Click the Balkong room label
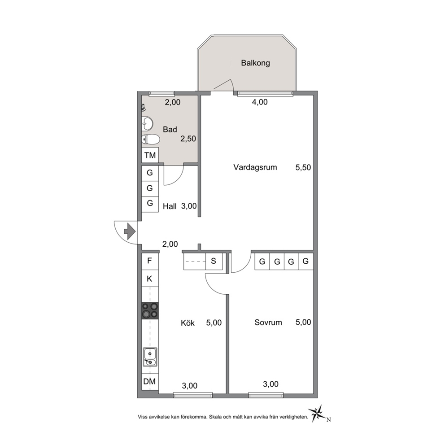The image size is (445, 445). [255, 63]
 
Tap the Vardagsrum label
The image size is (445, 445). [255, 167]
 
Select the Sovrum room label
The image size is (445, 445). [268, 323]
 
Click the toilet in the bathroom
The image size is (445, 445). [151, 140]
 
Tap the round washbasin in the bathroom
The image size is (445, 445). [147, 124]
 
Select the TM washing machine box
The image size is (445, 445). [150, 155]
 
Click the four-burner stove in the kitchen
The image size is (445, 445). [150, 311]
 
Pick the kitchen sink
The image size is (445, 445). [150, 357]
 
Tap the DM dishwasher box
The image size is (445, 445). [150, 382]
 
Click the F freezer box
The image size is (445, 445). [150, 261]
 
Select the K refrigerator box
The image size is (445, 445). [150, 279]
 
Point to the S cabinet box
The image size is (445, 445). [214, 261]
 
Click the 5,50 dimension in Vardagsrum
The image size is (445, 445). [303, 167]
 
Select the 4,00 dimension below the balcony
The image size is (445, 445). [260, 102]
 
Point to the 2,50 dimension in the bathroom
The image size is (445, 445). [188, 139]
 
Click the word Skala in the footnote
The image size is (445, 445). [216, 417]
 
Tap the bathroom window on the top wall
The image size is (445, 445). [161, 93]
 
